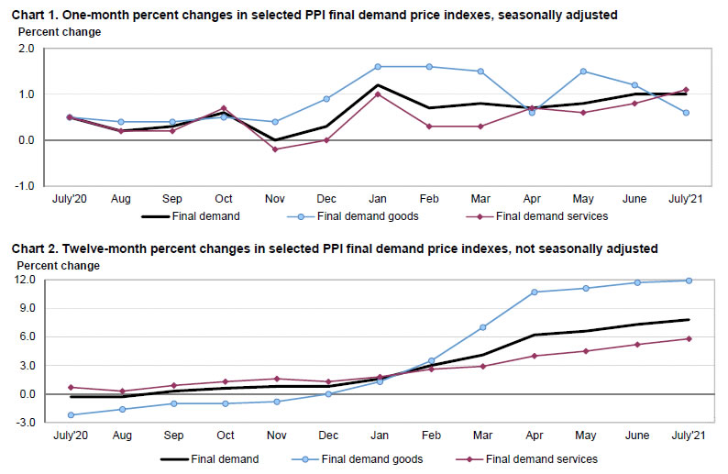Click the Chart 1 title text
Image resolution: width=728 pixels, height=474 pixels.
coord(312,15)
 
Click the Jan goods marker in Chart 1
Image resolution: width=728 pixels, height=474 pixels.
coord(378,67)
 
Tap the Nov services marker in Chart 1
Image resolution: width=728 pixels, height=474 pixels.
coord(276,149)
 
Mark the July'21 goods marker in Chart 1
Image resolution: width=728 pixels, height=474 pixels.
coord(686,113)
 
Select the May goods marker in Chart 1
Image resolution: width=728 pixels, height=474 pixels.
coord(583,72)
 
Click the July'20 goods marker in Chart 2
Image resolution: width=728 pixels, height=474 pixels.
coord(72,415)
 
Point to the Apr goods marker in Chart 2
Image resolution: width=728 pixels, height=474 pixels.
coord(534,292)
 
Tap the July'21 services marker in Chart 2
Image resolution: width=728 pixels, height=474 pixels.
coord(688,339)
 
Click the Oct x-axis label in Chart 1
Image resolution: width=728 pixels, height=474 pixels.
coord(224,197)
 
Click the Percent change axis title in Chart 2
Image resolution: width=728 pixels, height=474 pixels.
coord(59,266)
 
